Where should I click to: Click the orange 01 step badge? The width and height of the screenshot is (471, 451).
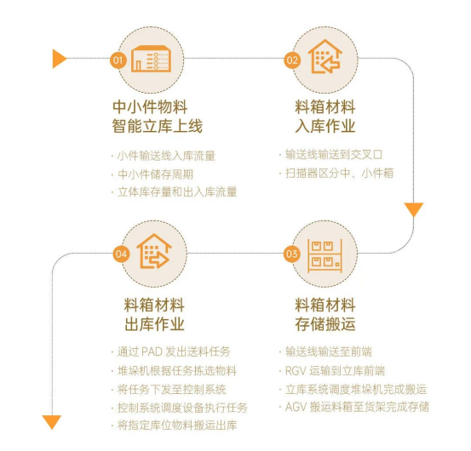coord(118,60)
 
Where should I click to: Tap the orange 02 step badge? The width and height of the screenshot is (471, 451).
coord(292,60)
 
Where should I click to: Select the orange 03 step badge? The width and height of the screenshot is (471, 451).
coord(291,254)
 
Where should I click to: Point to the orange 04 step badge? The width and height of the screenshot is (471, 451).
coord(121,254)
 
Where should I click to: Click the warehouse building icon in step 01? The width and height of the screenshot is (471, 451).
coord(151,59)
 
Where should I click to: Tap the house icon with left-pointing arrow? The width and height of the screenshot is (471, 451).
coord(325,56)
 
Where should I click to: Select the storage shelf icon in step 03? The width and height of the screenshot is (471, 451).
coord(325,256)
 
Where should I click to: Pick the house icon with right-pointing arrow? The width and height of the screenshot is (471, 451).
coord(154,251)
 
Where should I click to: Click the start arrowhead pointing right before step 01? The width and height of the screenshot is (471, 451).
coord(60,59)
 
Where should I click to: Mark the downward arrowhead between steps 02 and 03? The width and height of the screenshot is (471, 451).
coord(414,209)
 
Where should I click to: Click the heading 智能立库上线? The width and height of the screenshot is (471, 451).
coord(158,126)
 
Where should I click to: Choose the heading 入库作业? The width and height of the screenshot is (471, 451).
coord(325,126)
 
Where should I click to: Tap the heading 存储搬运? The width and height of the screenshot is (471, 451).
coord(325,324)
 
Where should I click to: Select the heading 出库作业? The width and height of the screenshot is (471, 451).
coord(154,324)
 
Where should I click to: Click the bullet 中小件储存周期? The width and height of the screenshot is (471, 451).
coord(155,174)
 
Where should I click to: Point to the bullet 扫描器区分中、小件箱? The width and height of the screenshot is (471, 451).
coord(340,173)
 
